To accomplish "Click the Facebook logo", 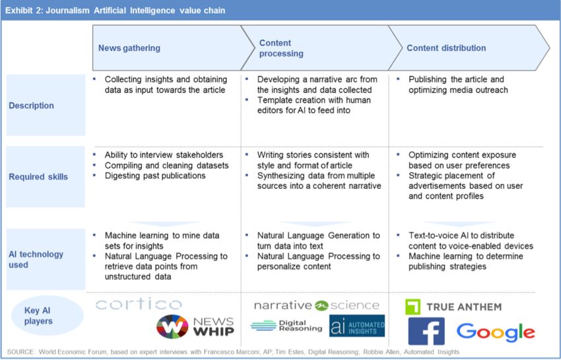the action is tap(426, 331).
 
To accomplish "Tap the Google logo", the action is tap(496, 332).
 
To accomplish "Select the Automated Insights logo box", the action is tap(356, 326).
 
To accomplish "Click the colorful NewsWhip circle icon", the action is tap(172, 326).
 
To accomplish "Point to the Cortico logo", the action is tap(139, 304).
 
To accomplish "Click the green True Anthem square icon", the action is tap(412, 306).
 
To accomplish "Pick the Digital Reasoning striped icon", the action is tap(263, 326).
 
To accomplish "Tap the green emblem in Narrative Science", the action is tap(321, 306).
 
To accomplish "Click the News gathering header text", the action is tap(129, 48).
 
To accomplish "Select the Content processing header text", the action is tap(281, 48).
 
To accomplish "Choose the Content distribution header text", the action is tap(446, 48).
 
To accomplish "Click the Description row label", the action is tap(31, 106).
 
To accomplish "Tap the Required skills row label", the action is tap(38, 176).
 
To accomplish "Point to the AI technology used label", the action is tap(36, 260).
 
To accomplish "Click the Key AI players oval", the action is tap(48, 315).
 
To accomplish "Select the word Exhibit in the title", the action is tap(18, 11).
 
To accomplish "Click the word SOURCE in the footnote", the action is tap(20, 352).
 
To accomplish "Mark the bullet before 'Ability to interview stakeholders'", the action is tap(94, 155).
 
